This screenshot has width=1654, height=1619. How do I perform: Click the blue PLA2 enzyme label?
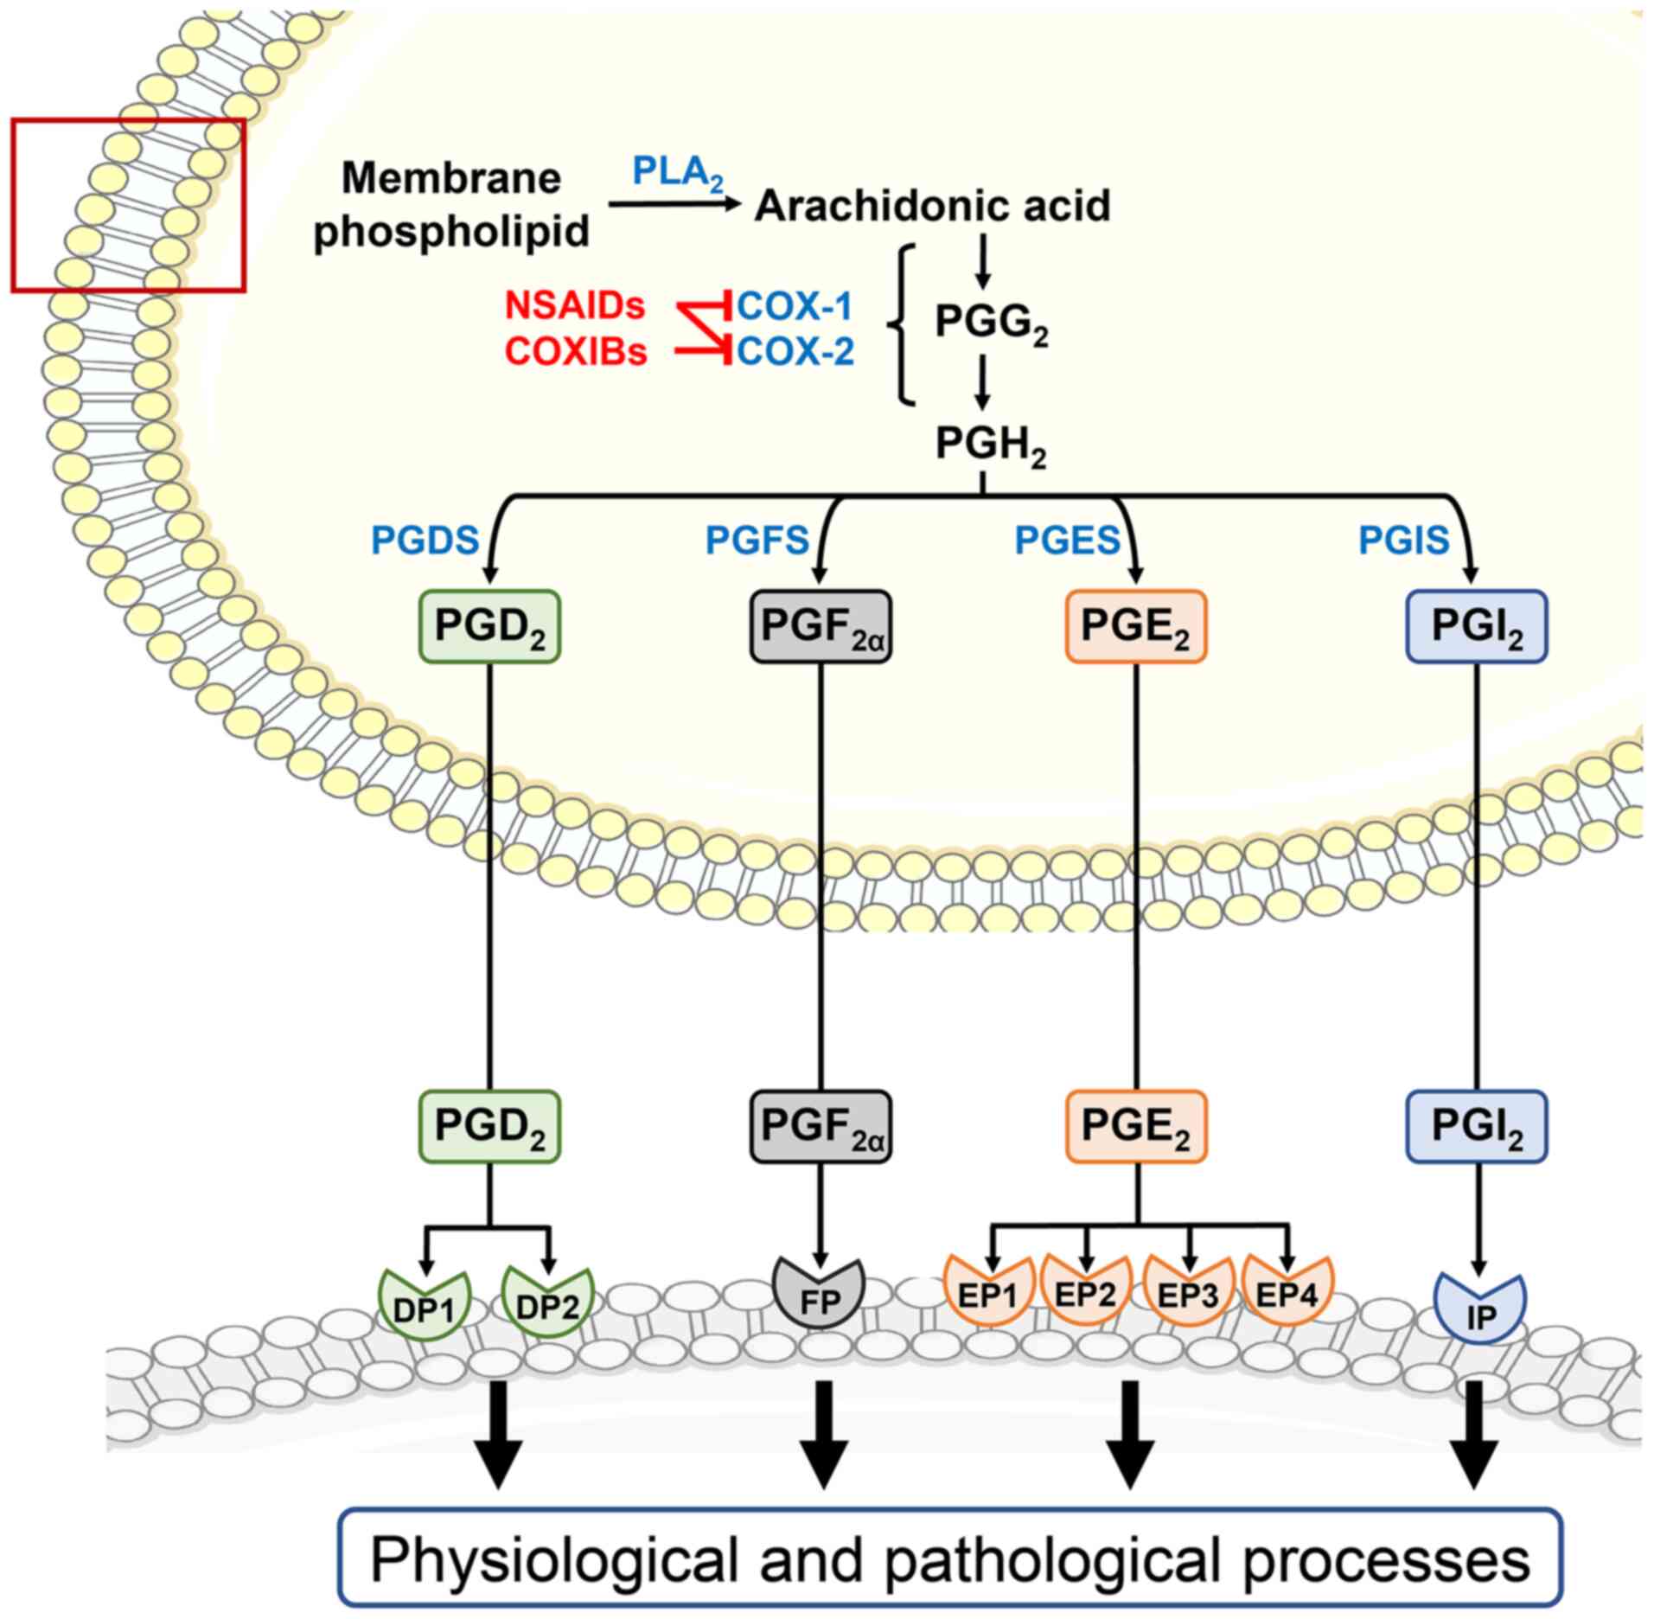[679, 174]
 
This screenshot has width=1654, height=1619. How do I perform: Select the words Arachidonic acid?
[933, 206]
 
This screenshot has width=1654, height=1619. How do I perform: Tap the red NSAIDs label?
[575, 306]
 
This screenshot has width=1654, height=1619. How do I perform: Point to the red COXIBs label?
[576, 352]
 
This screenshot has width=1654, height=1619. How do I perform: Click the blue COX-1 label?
[795, 306]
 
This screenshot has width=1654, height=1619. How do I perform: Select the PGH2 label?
[992, 446]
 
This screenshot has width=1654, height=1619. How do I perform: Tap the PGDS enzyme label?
[425, 541]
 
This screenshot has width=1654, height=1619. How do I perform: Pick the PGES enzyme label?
[1067, 541]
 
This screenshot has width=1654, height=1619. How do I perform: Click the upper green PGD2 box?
[490, 626]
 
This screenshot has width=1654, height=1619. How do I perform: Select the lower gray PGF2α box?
[821, 1126]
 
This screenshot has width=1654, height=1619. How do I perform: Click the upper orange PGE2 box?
[1136, 626]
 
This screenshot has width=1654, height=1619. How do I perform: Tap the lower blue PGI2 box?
[1477, 1126]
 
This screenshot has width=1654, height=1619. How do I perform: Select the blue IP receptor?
[1480, 1308]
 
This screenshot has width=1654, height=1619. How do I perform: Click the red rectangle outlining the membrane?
[128, 205]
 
